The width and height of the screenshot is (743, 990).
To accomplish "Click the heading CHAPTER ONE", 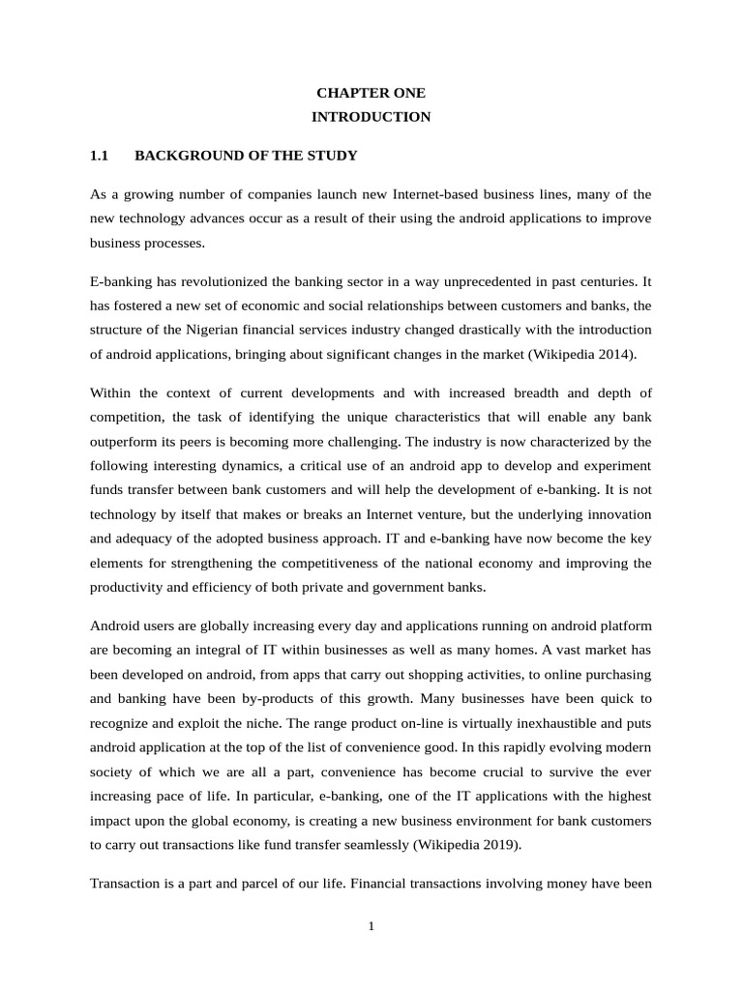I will click(x=371, y=94).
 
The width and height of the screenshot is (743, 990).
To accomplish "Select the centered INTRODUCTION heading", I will click(x=371, y=117).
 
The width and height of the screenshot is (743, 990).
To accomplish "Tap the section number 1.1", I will click(x=101, y=155).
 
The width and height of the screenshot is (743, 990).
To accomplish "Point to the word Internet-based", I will click(x=435, y=194).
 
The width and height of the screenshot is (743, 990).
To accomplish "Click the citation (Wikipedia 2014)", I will click(x=582, y=354).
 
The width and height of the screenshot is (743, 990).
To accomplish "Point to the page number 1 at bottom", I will click(x=371, y=927).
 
